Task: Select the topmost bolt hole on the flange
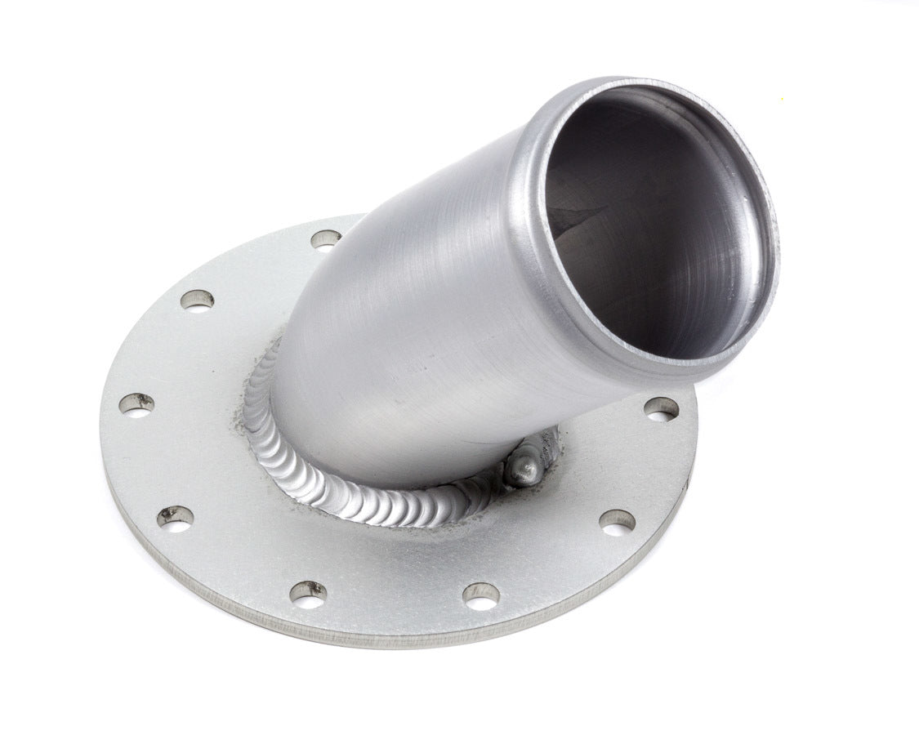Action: click(326, 239)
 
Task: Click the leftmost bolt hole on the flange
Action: click(136, 403)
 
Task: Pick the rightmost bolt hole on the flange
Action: click(661, 408)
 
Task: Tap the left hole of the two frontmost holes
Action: click(309, 595)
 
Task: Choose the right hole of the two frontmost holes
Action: click(481, 596)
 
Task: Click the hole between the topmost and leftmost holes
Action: click(197, 300)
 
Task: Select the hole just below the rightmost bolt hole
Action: click(617, 520)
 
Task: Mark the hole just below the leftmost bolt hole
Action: click(176, 517)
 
